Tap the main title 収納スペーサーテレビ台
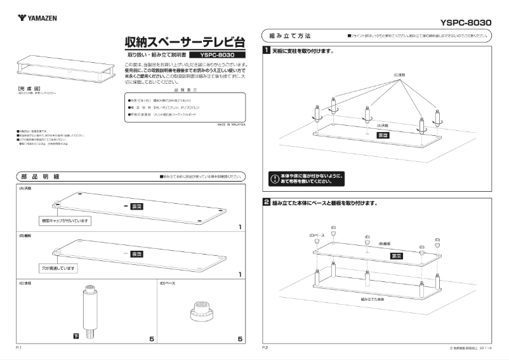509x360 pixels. [x=185, y=43]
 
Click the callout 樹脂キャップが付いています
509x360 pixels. [x=67, y=220]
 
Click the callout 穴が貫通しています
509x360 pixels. [x=58, y=269]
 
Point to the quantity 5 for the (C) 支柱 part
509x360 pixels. [x=151, y=339]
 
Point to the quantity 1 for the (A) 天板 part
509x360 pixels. [x=240, y=227]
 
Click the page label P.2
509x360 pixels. [x=266, y=349]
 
